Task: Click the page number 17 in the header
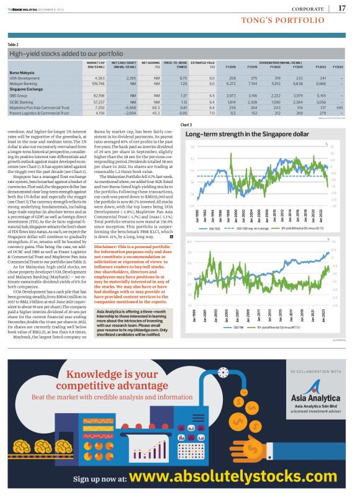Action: [x=342, y=8]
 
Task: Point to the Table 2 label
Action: [x=13, y=45]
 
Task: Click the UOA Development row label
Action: [x=21, y=78]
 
